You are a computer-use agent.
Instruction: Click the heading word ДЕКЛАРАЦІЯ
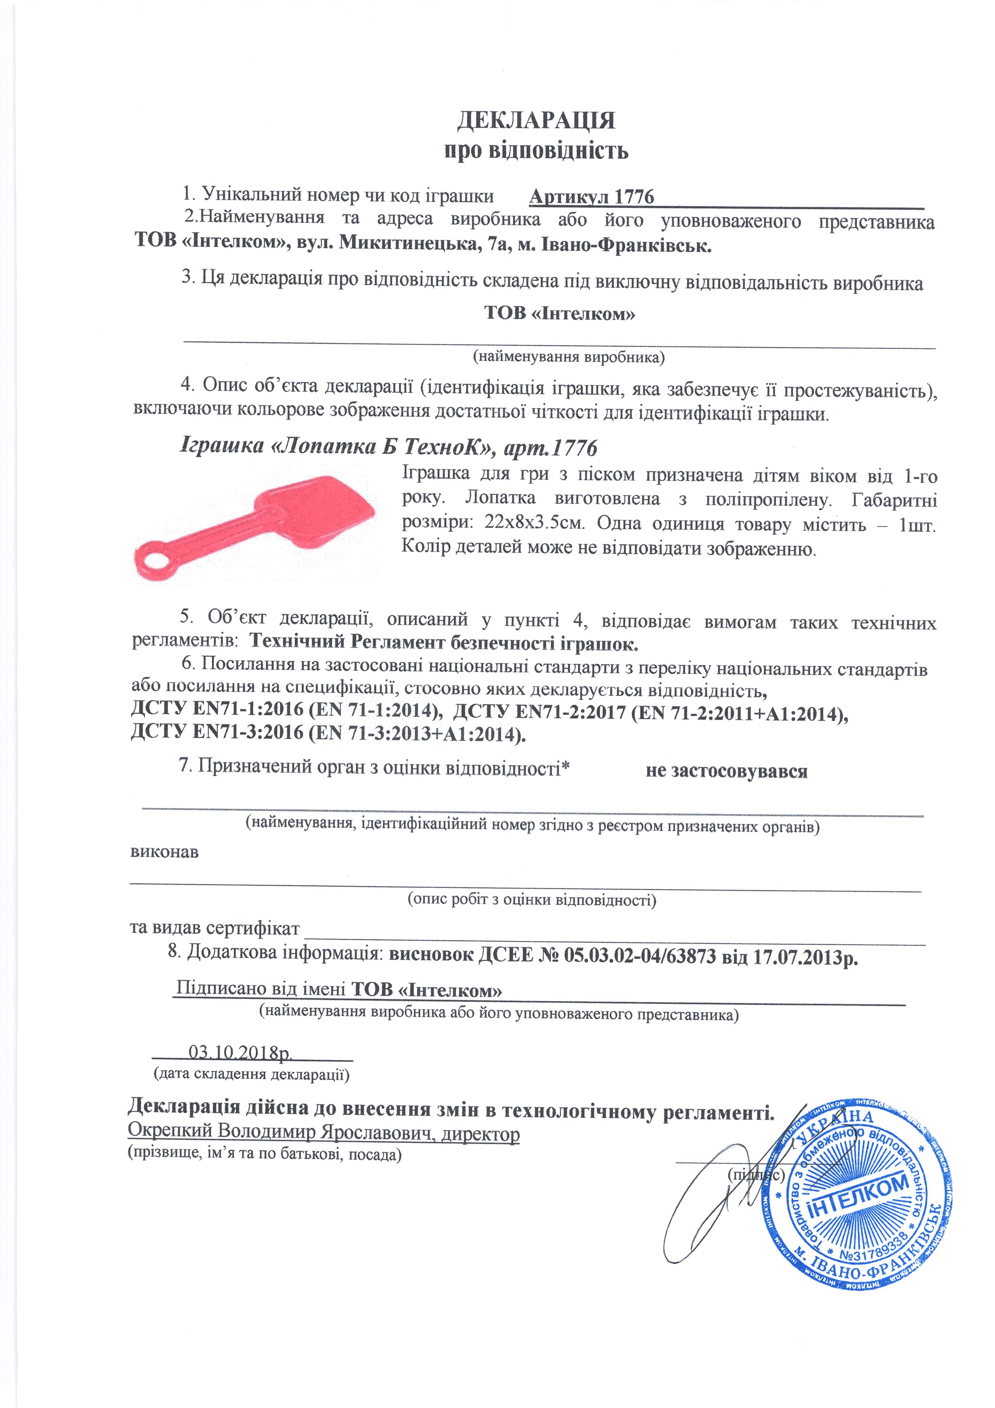coord(536,120)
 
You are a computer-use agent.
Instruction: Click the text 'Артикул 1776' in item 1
coord(592,197)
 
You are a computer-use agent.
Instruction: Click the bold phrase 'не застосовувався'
coord(727,771)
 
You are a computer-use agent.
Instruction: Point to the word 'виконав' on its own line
coord(164,852)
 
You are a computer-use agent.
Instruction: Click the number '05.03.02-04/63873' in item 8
coord(640,955)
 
